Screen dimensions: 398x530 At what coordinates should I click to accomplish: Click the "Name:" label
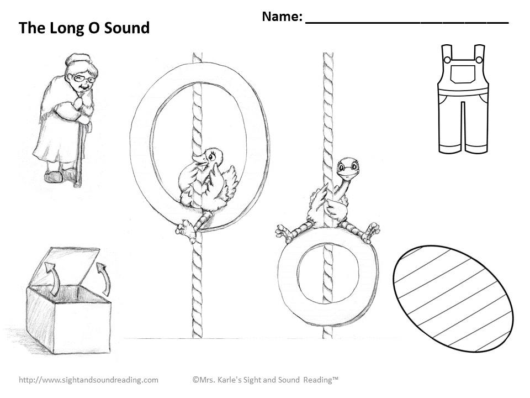tap(282, 17)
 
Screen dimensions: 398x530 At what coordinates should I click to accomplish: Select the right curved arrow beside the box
tap(104, 276)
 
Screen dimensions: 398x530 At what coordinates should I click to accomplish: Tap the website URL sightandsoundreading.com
tap(89, 380)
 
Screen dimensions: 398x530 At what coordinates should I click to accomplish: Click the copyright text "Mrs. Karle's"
tap(221, 380)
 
